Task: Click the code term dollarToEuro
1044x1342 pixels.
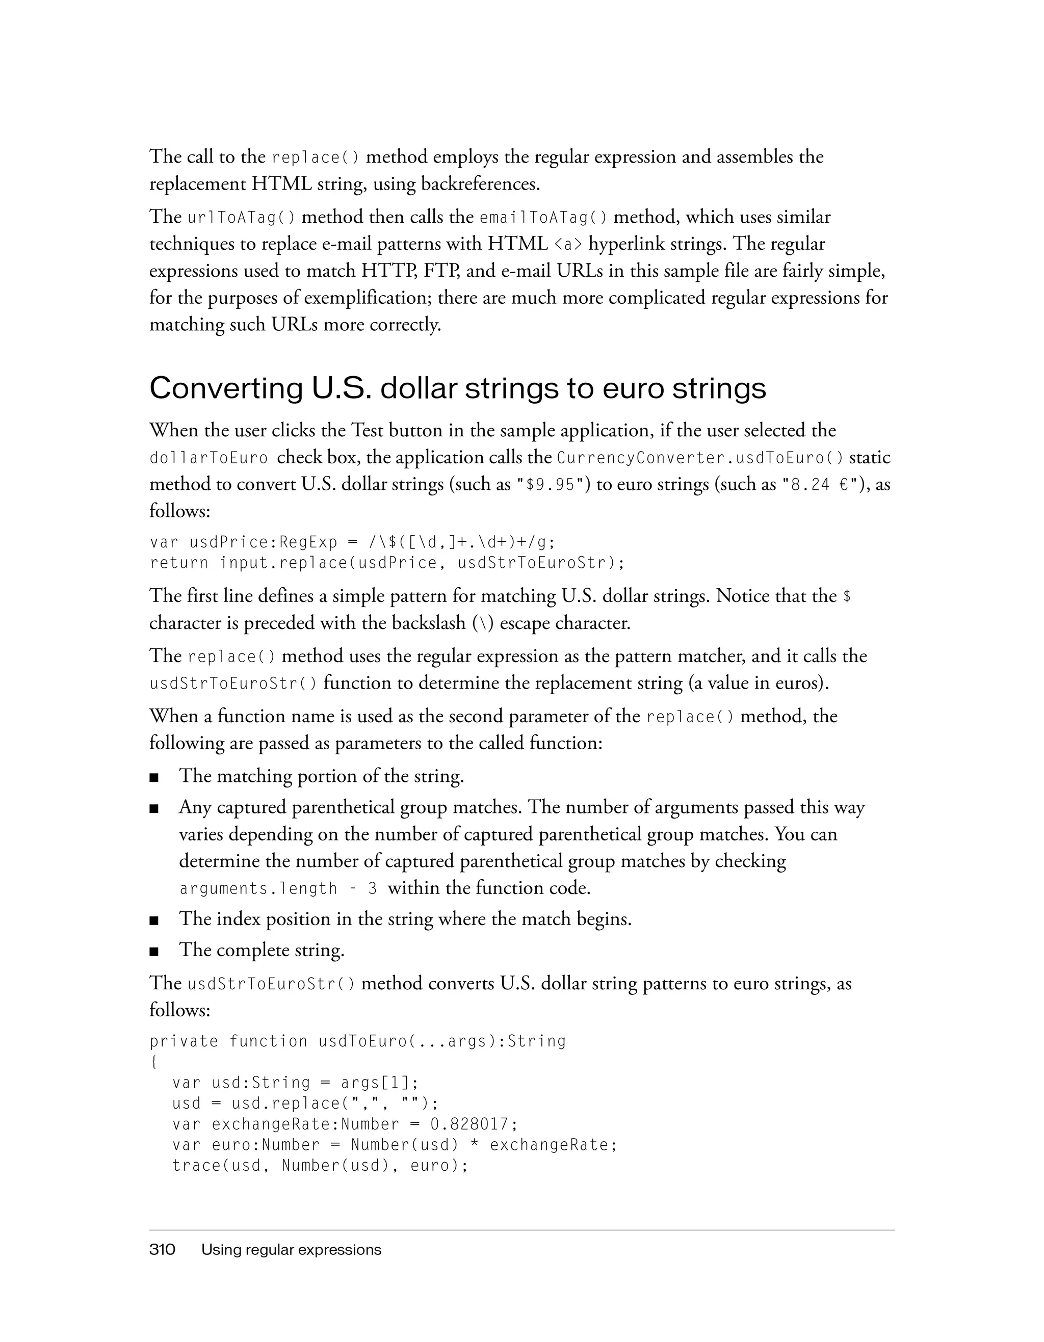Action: (x=209, y=458)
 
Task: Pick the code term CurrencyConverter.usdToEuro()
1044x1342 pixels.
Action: (x=700, y=458)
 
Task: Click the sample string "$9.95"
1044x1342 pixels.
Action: (x=551, y=485)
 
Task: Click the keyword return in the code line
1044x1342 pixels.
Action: (x=179, y=563)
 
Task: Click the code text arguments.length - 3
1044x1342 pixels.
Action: (x=278, y=889)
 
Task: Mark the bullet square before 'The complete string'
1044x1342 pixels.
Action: (x=154, y=952)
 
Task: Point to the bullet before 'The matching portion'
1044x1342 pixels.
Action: (x=154, y=778)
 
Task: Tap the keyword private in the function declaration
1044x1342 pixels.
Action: (x=184, y=1041)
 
